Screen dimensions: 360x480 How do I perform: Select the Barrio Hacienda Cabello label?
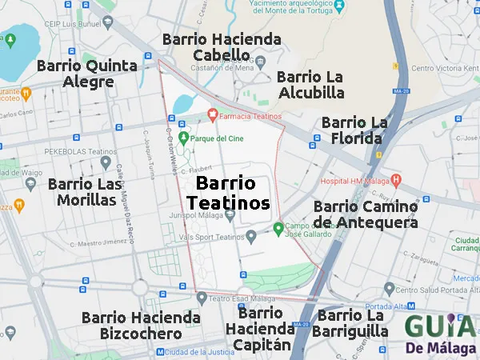pyautogui.click(x=222, y=47)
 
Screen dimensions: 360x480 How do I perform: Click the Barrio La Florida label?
pyautogui.click(x=354, y=130)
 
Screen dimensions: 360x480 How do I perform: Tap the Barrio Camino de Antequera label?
pyautogui.click(x=365, y=214)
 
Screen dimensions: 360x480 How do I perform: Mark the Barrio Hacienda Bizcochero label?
pyautogui.click(x=141, y=326)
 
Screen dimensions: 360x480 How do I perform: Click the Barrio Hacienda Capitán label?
pyautogui.click(x=259, y=329)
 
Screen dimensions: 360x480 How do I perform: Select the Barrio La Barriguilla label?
pyautogui.click(x=353, y=323)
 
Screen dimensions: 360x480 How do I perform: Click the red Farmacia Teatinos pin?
pyautogui.click(x=212, y=116)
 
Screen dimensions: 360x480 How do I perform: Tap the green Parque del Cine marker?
pyautogui.click(x=183, y=138)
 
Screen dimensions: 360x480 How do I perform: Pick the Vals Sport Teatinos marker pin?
pyautogui.click(x=251, y=236)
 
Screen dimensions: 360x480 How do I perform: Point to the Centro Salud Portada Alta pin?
pyautogui.click(x=389, y=289)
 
